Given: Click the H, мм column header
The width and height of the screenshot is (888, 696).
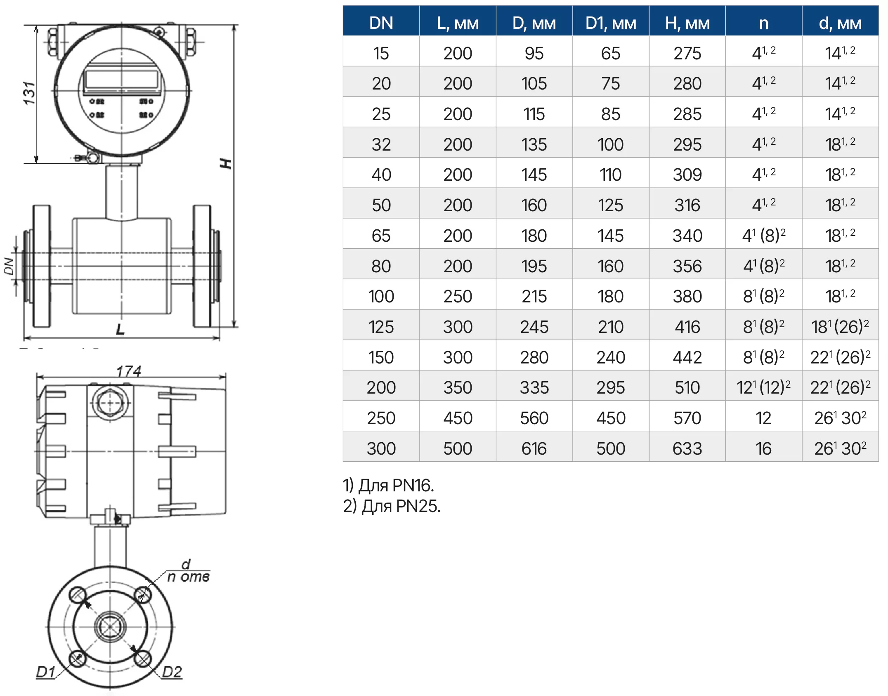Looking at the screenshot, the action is (687, 24).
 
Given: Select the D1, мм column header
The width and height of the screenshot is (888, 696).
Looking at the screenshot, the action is (611, 24).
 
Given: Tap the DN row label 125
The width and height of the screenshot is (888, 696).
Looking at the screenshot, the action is (381, 327).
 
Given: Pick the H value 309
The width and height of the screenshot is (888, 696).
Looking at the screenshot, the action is (687, 175).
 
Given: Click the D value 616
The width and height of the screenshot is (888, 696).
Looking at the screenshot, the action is (534, 448).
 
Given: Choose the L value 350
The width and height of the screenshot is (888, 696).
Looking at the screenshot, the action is (458, 387).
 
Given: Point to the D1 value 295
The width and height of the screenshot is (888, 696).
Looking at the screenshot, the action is (611, 387).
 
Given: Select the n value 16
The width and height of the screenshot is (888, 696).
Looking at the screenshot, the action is (763, 448).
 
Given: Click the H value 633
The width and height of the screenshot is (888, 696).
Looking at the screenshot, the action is (687, 448).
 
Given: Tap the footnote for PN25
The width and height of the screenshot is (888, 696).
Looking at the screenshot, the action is (392, 506).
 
